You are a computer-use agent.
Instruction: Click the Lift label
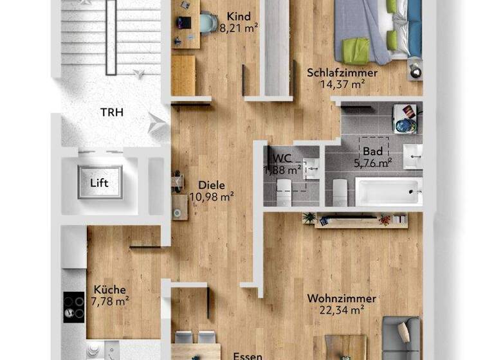[99, 183]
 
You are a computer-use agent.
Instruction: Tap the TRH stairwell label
[111, 113]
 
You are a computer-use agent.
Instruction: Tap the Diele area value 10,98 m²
[212, 196]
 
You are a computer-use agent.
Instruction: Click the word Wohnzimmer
[342, 299]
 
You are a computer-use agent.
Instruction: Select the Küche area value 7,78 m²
[109, 301]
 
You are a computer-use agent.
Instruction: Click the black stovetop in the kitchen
[74, 307]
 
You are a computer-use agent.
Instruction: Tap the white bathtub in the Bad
[388, 192]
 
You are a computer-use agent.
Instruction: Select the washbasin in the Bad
[412, 155]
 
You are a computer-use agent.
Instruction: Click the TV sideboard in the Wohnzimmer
[361, 220]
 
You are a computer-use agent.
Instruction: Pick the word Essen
[246, 355]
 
